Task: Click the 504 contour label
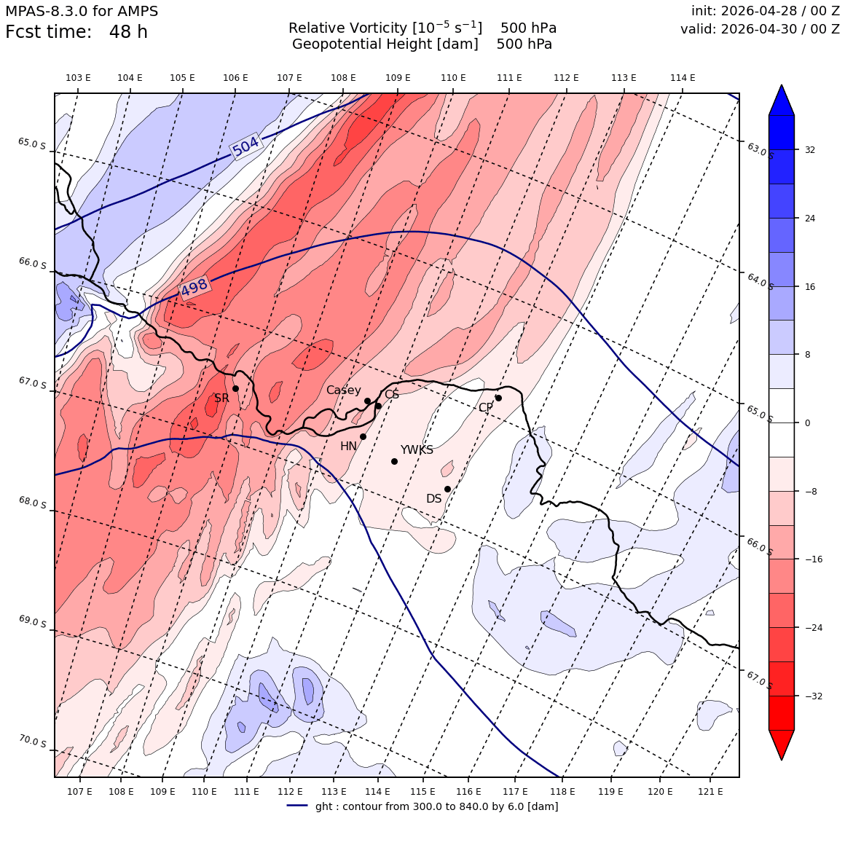coord(246,146)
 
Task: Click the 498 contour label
coord(194,287)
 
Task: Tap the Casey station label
coord(343,390)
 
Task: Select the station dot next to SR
coord(235,388)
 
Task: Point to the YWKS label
coord(417,450)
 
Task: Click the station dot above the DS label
coord(447,490)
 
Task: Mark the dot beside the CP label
coord(498,398)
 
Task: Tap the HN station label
coord(349,447)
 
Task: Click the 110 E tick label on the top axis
coord(453,78)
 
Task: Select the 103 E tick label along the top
coord(78,78)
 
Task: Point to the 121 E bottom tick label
coord(710,792)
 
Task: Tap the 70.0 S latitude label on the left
coord(32,742)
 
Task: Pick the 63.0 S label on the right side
coord(760,150)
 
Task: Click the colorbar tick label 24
coord(810,219)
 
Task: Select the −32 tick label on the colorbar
coord(813,696)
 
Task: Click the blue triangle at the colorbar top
coord(782,101)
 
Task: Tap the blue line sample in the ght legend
coord(297,806)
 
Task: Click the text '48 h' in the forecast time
coord(128,32)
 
